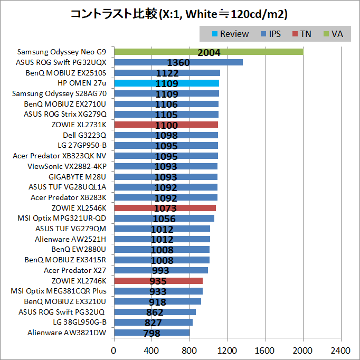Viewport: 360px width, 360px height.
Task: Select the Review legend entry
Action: [230, 34]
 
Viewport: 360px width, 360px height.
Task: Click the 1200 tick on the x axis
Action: [228, 350]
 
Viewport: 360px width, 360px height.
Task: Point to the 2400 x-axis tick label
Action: [340, 350]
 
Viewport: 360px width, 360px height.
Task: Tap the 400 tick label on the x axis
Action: [151, 350]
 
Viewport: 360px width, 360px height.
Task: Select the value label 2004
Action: [209, 52]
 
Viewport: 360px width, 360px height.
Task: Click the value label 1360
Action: [178, 63]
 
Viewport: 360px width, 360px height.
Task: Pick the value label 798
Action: [152, 333]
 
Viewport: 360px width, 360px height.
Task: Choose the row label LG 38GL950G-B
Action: [80, 322]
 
